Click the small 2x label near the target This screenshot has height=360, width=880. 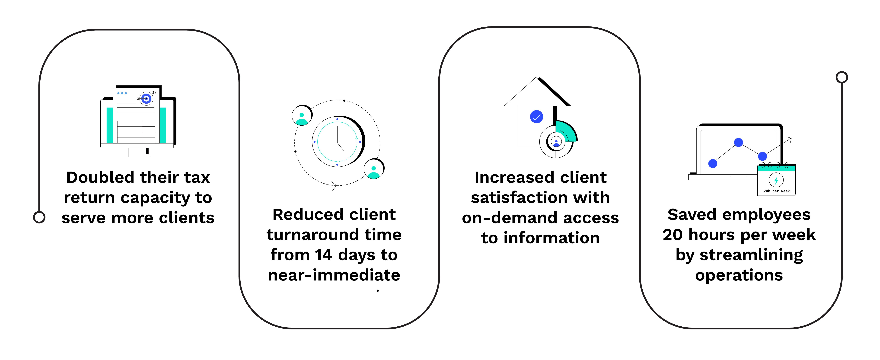click(x=154, y=92)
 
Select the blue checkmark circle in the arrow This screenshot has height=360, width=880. click(x=536, y=117)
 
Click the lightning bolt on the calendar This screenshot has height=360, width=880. click(x=776, y=180)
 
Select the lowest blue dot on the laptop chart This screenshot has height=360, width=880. click(x=713, y=164)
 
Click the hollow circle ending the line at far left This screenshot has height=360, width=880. click(x=39, y=217)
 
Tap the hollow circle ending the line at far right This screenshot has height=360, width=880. click(x=841, y=77)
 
